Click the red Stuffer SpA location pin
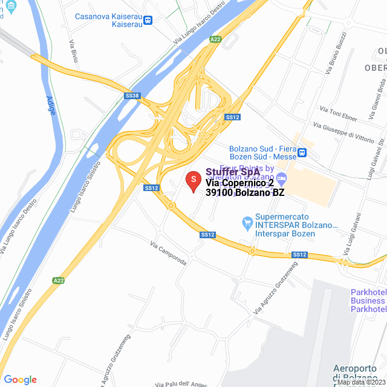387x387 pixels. [193, 181]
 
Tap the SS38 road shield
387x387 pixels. [132, 96]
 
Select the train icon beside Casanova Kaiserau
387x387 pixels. [148, 20]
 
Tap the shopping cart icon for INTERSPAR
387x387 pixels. [247, 223]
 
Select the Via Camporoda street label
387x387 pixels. [169, 253]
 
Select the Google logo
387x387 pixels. [20, 380]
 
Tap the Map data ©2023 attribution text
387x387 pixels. [361, 382]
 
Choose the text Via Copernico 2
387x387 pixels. [239, 183]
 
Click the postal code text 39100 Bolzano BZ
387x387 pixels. [244, 193]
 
